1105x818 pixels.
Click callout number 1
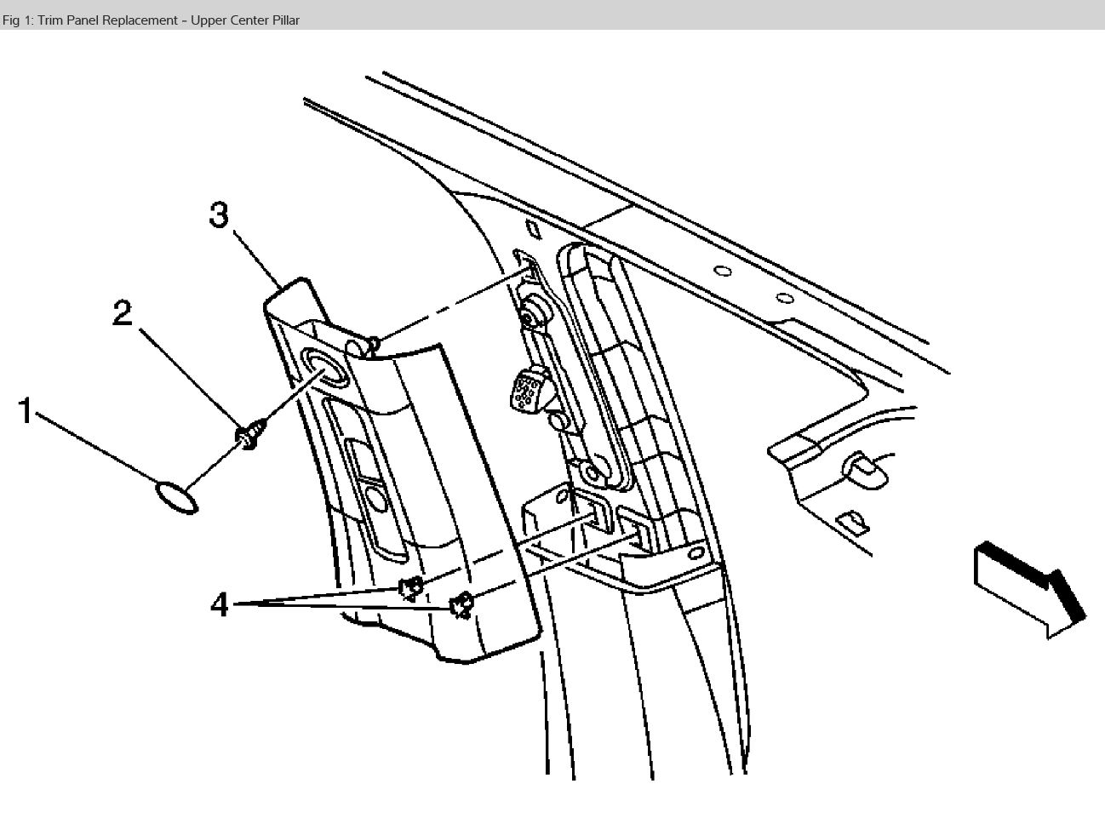pyautogui.click(x=26, y=412)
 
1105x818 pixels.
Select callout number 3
pyautogui.click(x=220, y=215)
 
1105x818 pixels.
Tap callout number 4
pyautogui.click(x=219, y=605)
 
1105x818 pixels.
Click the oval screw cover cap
pyautogui.click(x=176, y=498)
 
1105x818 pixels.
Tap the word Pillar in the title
pyautogui.click(x=283, y=20)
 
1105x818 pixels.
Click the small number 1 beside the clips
pyautogui.click(x=427, y=598)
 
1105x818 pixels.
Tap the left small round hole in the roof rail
pyautogui.click(x=722, y=272)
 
